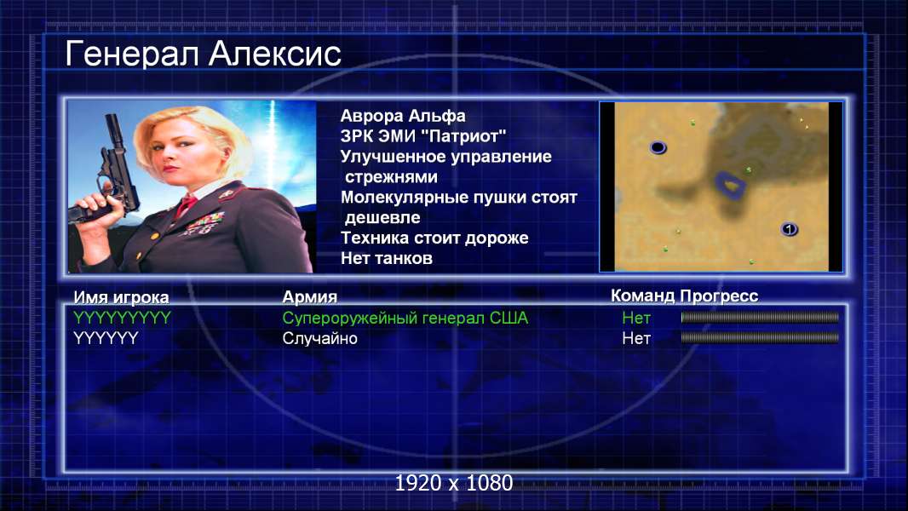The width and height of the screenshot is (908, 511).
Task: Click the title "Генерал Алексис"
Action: pos(203,54)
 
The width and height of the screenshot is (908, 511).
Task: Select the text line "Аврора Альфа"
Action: pos(402,116)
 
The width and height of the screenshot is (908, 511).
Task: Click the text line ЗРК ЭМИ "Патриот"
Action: pos(423,136)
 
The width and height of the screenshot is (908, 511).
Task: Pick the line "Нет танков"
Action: pos(386,258)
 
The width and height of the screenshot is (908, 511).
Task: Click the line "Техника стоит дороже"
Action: pos(434,238)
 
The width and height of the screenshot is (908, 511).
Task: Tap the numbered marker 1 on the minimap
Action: pos(789,229)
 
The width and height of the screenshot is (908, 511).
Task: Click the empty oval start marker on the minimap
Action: pos(658,147)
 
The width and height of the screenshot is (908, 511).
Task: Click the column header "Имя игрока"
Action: pos(121,297)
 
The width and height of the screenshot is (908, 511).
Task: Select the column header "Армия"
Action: pos(309,297)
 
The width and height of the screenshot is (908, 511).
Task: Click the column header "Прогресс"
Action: pos(719,296)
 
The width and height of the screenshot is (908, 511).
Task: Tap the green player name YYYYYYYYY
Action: pos(122,318)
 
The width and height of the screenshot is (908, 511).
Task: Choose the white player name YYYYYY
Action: pos(106,338)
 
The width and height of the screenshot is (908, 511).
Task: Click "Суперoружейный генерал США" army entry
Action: pos(405,318)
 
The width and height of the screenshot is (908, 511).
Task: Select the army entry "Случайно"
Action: pos(319,339)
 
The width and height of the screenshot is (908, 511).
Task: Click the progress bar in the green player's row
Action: pos(760,317)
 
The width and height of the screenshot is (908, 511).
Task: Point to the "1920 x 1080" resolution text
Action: pos(454,483)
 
